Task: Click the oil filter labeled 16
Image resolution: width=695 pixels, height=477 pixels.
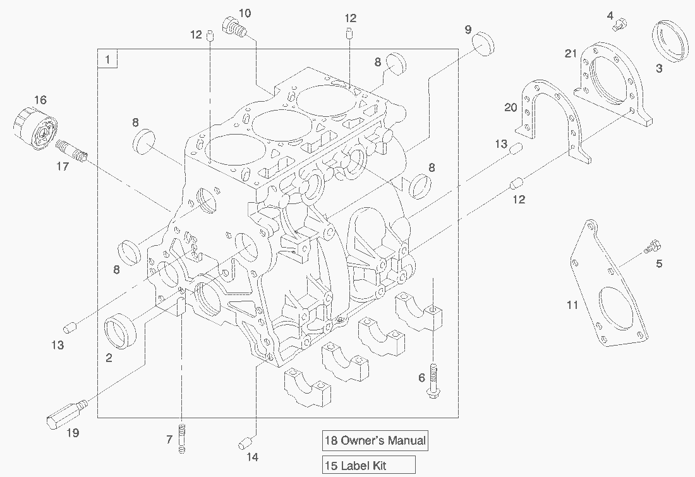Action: [35, 130]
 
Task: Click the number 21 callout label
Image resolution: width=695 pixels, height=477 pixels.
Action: [571, 54]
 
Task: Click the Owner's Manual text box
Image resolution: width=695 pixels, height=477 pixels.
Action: [374, 440]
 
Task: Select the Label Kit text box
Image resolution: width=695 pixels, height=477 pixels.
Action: [368, 466]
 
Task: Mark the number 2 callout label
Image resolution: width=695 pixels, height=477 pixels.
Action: [109, 358]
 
